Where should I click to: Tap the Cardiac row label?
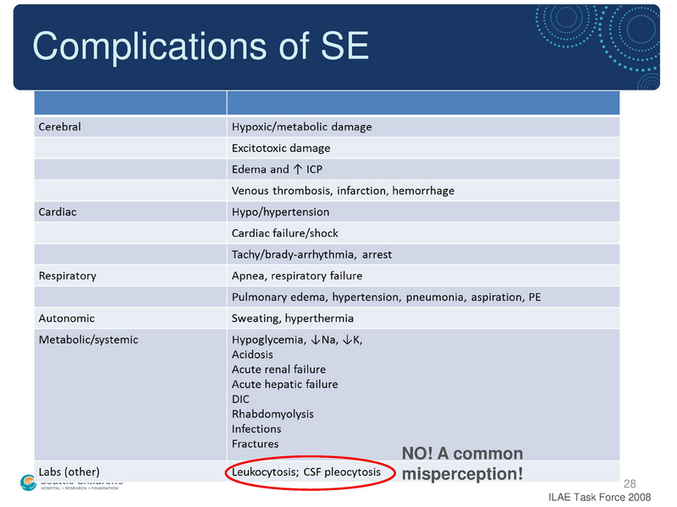tap(58, 212)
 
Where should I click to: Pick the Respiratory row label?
tap(68, 275)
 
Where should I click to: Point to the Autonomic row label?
tap(67, 319)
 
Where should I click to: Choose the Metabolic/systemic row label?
tap(88, 340)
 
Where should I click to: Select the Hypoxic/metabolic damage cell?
tap(301, 128)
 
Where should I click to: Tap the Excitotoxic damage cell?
tap(281, 149)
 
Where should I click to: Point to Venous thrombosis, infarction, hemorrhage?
tap(343, 191)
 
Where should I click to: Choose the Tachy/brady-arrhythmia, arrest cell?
tap(311, 254)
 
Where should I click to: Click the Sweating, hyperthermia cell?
tap(293, 319)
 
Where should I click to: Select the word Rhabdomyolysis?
tap(272, 414)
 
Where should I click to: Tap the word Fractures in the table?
tap(255, 444)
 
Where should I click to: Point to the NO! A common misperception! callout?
tap(462, 464)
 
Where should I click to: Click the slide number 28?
tap(629, 483)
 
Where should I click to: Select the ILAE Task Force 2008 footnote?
tap(600, 497)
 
